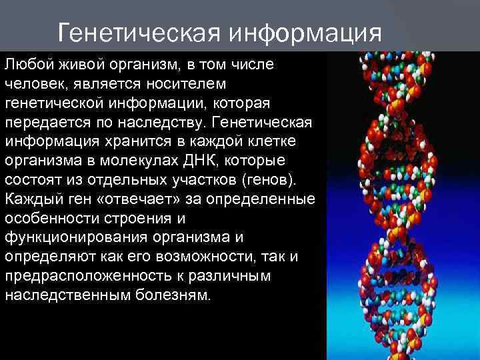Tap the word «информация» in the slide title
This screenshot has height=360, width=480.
point(306,32)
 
